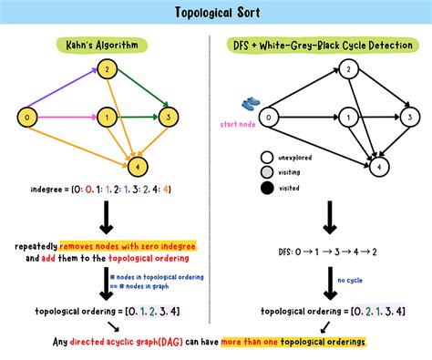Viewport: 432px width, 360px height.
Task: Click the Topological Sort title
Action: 216,13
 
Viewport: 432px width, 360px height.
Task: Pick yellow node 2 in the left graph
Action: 106,68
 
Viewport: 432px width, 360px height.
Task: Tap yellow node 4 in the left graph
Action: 137,166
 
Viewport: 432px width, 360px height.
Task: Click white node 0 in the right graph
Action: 268,117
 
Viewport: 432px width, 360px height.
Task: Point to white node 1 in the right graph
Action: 347,117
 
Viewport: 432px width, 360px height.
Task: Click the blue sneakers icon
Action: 251,105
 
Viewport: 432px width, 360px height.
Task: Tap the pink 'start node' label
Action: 236,122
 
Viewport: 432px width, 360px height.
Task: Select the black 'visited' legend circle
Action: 267,189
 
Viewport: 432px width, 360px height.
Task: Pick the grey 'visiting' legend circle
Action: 267,172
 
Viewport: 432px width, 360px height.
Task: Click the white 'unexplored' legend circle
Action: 267,156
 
